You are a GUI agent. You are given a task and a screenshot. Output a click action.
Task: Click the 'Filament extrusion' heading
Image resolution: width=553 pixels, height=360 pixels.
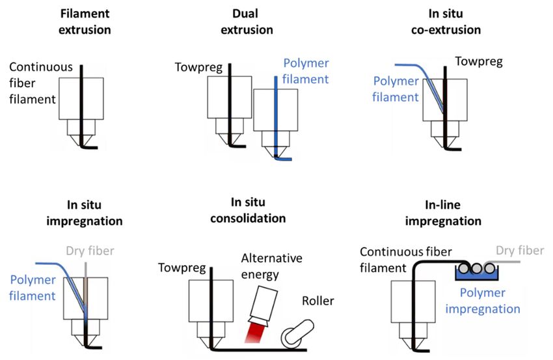[x=85, y=21]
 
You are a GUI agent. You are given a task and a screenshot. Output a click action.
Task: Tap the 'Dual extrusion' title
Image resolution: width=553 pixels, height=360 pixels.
[x=247, y=21]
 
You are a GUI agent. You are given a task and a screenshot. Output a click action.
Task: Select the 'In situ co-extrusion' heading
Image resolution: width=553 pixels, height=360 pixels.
[x=446, y=21]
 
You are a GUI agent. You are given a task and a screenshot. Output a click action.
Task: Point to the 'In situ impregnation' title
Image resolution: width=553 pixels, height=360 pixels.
[x=85, y=213]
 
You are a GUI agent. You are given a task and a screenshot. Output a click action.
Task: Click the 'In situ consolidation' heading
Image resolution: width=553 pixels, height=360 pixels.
[x=248, y=210]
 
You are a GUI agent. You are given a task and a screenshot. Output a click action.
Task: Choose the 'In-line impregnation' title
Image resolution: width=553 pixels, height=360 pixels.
[x=443, y=213]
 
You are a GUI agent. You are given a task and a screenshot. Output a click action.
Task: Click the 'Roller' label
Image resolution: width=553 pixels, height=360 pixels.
[x=317, y=301]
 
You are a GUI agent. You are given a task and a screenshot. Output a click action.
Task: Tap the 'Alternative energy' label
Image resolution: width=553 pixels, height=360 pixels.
[x=271, y=266]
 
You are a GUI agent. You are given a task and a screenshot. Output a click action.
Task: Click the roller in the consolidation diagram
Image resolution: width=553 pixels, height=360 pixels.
[x=298, y=332]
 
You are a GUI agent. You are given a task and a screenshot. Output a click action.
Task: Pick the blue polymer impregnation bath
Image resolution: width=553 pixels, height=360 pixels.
[x=476, y=273]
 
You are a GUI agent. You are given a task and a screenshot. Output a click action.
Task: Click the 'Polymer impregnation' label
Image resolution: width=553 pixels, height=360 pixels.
[x=483, y=301]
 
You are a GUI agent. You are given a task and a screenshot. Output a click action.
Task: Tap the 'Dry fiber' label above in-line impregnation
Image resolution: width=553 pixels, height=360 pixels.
[x=520, y=251]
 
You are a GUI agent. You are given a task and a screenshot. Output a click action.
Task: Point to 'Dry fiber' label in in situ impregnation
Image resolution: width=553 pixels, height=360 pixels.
[x=90, y=251]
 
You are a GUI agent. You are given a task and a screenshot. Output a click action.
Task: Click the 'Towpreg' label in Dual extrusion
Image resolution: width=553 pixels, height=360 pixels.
[x=198, y=68]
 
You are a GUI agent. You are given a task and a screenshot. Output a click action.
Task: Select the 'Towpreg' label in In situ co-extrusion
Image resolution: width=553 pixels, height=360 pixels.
[x=479, y=61]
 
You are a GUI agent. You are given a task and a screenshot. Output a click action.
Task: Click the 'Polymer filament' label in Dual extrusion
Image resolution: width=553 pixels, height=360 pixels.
[x=305, y=71]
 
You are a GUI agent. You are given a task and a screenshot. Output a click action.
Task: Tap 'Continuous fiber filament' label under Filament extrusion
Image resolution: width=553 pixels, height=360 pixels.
[x=41, y=83]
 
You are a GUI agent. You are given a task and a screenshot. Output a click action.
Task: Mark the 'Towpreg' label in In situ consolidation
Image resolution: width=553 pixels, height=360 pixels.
[x=182, y=268]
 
